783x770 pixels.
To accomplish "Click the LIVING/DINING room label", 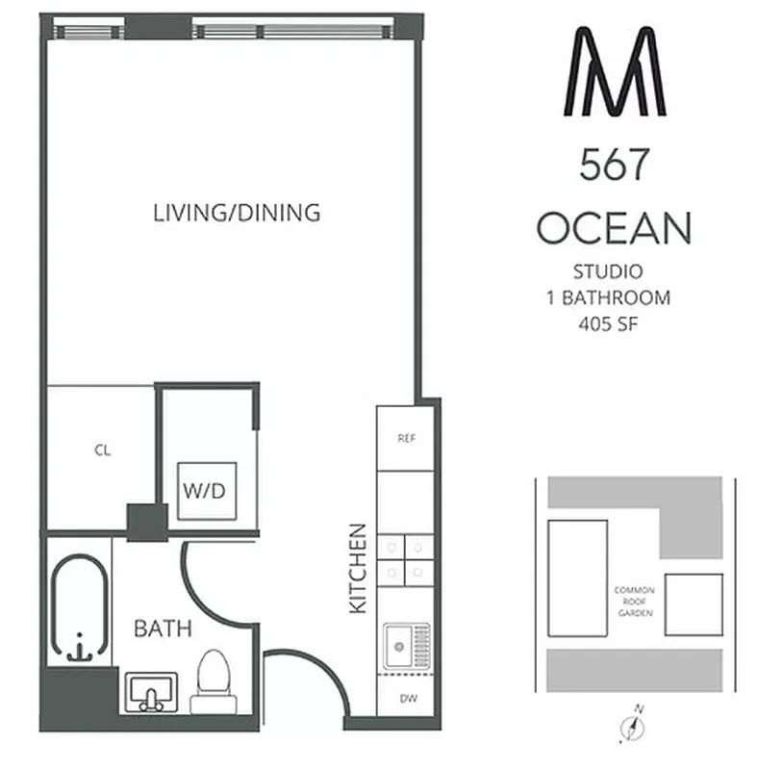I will [237, 213].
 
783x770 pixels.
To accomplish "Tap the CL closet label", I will [102, 449].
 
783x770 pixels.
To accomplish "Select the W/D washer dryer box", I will [205, 491].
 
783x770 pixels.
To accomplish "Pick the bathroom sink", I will [151, 691].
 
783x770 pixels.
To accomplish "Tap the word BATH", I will [163, 629].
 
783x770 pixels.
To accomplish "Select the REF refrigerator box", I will [405, 438].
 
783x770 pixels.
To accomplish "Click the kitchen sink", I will [406, 646].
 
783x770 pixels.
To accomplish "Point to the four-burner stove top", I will [405, 559].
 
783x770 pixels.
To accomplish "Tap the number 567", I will [614, 167].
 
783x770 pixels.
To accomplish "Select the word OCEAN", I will [614, 229].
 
